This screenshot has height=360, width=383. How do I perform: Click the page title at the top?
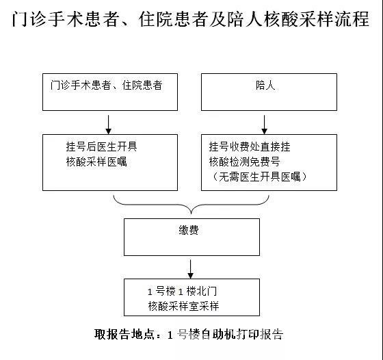191,18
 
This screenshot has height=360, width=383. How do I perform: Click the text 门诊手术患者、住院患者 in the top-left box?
106,86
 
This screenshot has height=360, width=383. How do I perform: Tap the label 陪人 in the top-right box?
265,86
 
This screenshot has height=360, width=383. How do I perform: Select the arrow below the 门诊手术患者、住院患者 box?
109,125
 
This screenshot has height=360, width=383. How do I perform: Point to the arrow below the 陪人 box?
264,125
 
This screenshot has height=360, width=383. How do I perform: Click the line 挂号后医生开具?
102,146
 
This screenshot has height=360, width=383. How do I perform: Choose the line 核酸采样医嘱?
96,162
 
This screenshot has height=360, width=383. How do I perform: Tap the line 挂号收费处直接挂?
250,146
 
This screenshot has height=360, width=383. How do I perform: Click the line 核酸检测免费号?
244,162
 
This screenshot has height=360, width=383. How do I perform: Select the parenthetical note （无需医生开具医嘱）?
260,177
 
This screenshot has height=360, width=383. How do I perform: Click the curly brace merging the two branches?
191,205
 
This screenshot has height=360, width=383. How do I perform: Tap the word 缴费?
189,230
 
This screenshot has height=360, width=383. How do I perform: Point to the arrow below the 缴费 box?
190,269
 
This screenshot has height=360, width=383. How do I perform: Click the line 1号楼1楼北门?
182,292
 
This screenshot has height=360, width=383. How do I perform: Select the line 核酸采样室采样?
183,306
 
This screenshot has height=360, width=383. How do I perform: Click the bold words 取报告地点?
124,334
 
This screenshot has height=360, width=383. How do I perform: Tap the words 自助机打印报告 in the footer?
243,334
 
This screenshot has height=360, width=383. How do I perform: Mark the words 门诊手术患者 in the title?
66,18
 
